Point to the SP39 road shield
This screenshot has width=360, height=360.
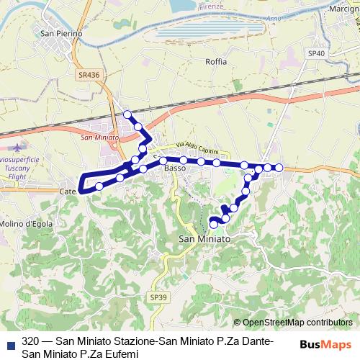point(158,297)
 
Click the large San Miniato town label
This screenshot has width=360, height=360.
point(204,238)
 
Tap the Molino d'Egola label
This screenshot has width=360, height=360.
point(26,223)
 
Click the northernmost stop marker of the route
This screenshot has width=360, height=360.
point(127,114)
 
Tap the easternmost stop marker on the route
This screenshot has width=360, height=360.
point(279,168)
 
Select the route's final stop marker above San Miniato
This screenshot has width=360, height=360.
point(213,225)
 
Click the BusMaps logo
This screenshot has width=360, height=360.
point(325,344)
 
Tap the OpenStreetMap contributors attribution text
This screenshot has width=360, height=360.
point(297,323)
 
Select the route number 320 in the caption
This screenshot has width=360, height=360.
point(30,341)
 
